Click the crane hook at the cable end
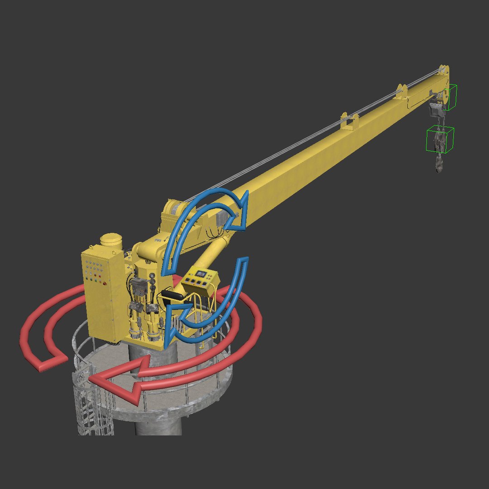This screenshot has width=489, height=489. pos(439,165)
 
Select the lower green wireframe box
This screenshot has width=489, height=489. pos(440,139)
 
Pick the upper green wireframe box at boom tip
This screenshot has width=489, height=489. pos(450,97)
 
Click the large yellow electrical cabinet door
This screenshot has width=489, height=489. pos(97,294)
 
